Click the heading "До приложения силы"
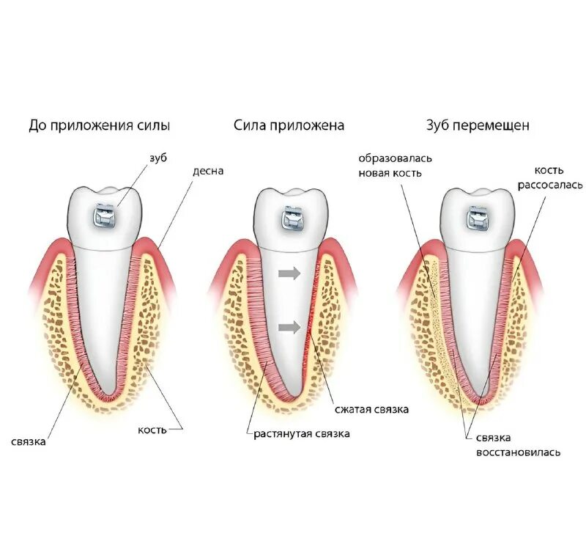pyautogui.click(x=100, y=125)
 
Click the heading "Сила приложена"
pyautogui.click(x=289, y=125)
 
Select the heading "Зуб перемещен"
pyautogui.click(x=478, y=125)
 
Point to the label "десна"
pyautogui.click(x=208, y=171)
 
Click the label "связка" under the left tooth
pyautogui.click(x=29, y=442)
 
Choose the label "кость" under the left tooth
pyautogui.click(x=152, y=428)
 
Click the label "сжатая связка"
pyautogui.click(x=371, y=409)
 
